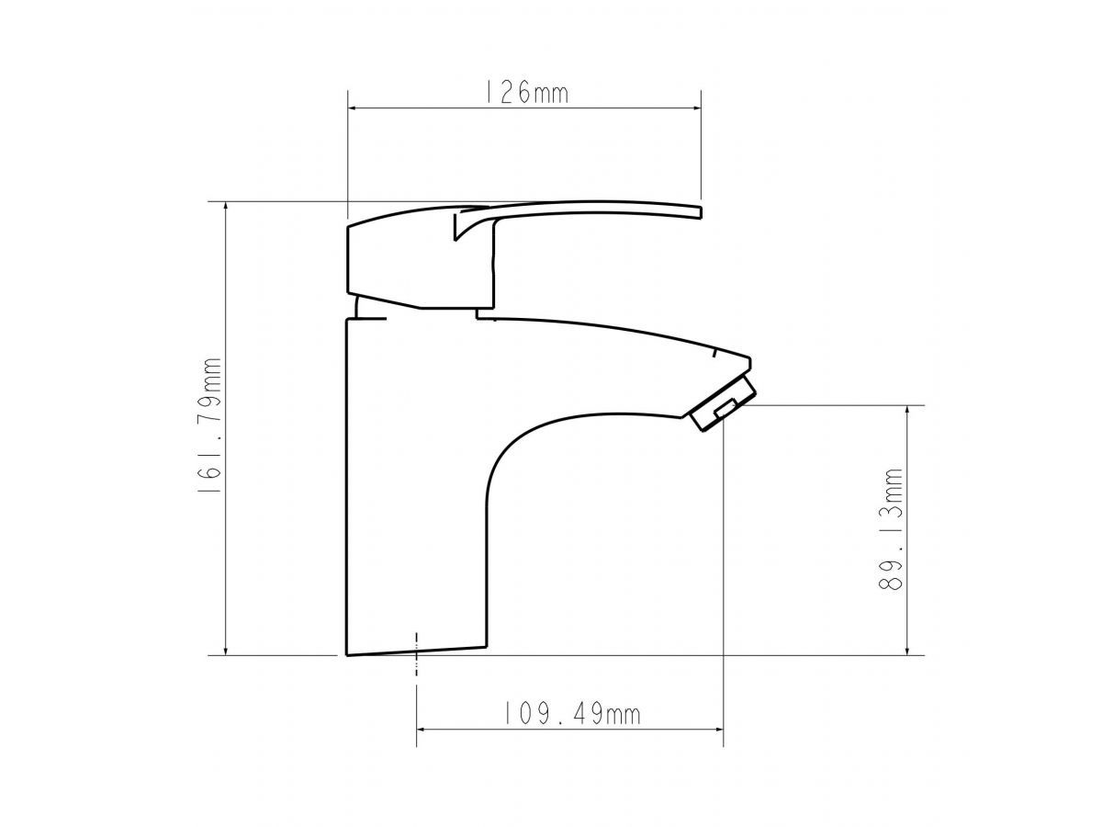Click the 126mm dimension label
(x=525, y=93)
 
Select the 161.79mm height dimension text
(x=210, y=425)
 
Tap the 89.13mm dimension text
(x=891, y=529)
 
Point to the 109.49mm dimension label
(x=572, y=714)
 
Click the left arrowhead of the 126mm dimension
(x=353, y=108)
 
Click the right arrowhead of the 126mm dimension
(x=696, y=108)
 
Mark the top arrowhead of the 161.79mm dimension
(x=226, y=207)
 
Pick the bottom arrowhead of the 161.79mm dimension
(x=226, y=650)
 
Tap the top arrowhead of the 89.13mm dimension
(x=907, y=411)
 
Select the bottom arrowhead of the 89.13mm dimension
(x=907, y=650)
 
